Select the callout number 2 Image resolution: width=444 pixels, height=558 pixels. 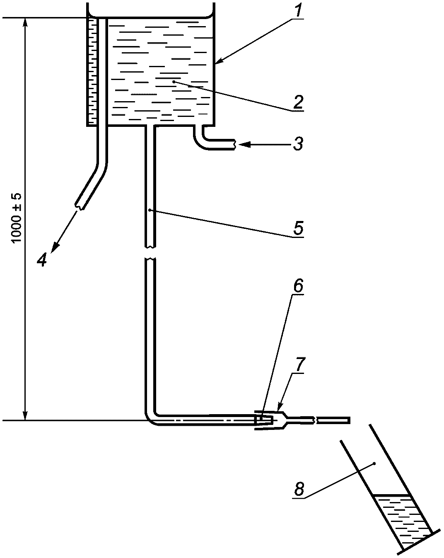[297, 102]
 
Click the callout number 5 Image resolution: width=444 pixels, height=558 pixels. [297, 228]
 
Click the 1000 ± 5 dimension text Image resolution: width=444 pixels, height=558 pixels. [18, 218]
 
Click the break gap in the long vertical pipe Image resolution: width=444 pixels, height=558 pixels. [150, 254]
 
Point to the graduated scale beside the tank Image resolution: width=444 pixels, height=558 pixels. [92, 70]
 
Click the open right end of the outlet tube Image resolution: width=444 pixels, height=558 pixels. [350, 420]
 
